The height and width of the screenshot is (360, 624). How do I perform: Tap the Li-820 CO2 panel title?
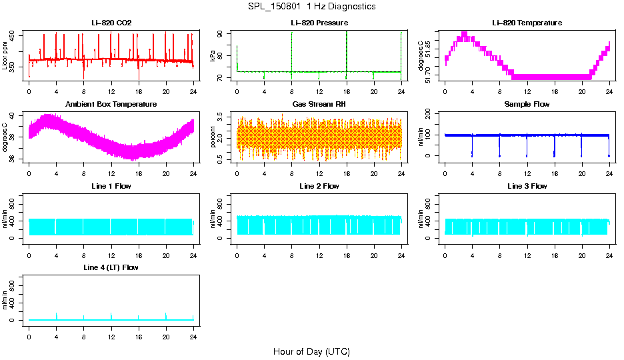(x=111, y=23)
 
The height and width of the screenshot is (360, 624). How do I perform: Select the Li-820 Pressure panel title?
(x=319, y=23)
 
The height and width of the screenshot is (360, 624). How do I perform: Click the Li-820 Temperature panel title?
(x=527, y=23)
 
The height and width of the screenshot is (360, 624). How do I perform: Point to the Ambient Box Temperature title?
(x=111, y=105)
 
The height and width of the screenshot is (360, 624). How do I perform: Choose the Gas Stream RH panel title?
(x=319, y=105)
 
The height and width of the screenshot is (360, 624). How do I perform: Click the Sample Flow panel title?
(x=527, y=105)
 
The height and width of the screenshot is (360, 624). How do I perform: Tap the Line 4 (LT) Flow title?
(x=111, y=267)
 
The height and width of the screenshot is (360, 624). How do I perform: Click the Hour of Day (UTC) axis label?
(x=311, y=351)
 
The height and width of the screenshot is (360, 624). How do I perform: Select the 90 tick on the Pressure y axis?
(x=227, y=34)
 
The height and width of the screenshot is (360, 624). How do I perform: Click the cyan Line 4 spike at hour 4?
(x=57, y=315)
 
